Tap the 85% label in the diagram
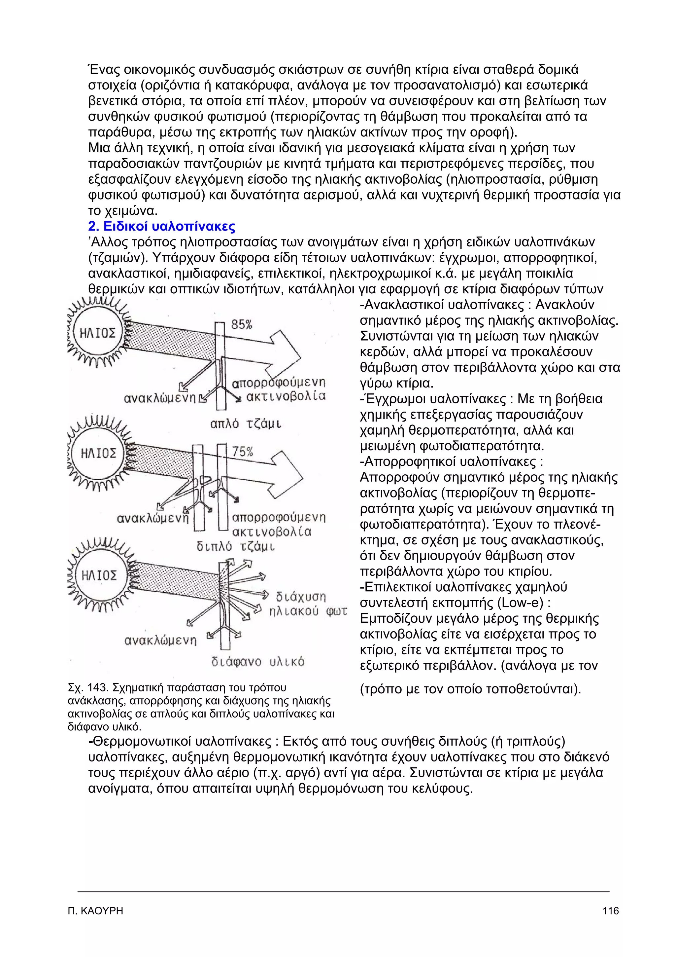(242, 325)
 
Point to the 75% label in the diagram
(242, 452)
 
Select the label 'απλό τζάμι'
(246, 424)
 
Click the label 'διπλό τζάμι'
(236, 546)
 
